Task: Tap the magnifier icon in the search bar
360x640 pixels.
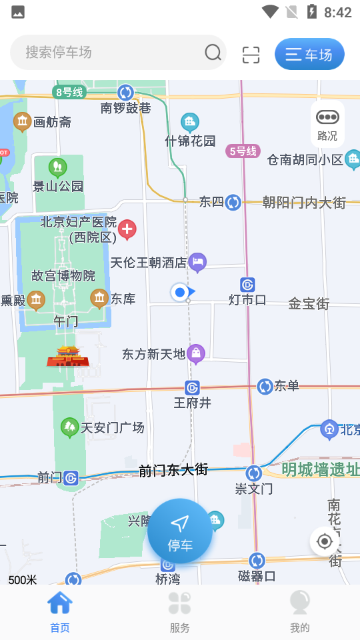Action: tap(213, 53)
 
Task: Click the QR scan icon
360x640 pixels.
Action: tap(251, 54)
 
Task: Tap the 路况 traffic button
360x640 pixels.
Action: tap(327, 124)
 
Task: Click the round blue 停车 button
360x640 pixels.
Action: tap(180, 531)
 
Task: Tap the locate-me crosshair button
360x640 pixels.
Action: tap(325, 541)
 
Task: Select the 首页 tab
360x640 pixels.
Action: tap(60, 611)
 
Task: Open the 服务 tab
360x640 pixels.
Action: tap(180, 611)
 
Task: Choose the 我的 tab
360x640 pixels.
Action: tap(300, 611)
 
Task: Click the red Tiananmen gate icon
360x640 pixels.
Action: tap(68, 357)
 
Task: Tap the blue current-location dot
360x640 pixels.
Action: tap(179, 292)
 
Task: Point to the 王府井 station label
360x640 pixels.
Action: tap(192, 403)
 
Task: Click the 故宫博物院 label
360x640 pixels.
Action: tap(63, 275)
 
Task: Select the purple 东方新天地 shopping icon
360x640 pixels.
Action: tap(196, 353)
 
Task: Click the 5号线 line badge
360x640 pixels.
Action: tap(243, 151)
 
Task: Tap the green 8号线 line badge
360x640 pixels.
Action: tap(69, 92)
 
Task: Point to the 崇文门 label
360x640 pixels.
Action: tap(254, 489)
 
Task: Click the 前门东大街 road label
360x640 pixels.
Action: tap(173, 470)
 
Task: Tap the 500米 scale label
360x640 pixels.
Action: tap(23, 579)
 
